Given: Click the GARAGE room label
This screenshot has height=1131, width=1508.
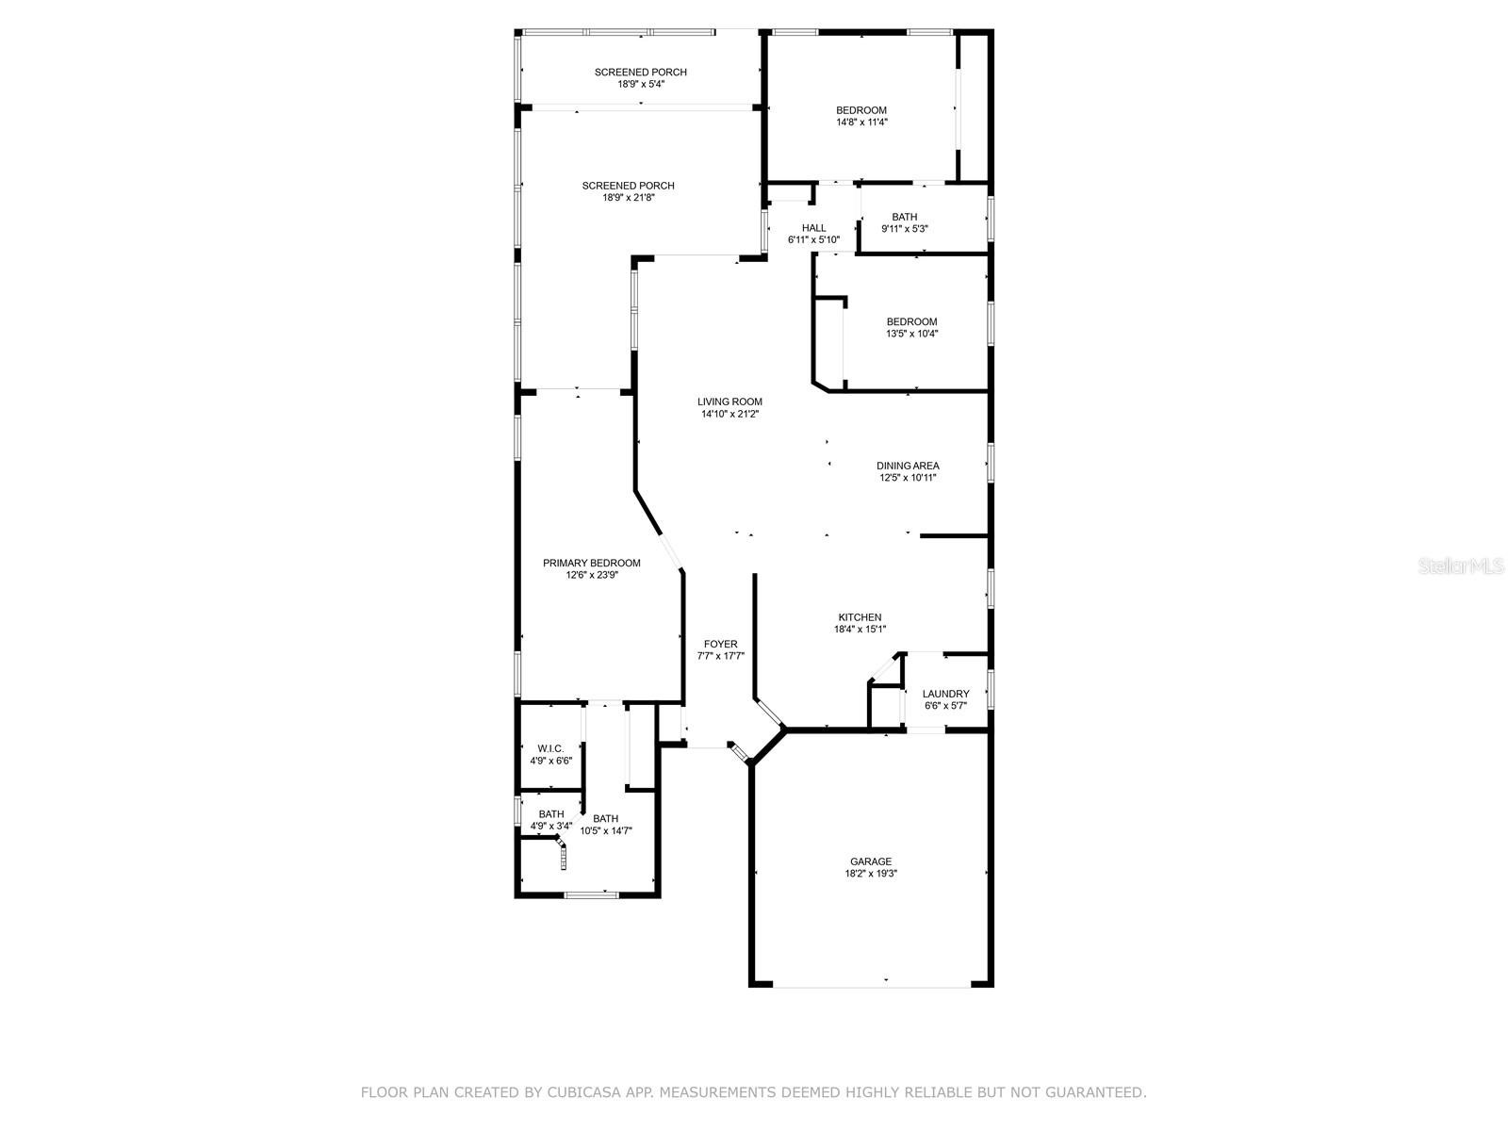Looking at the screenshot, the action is tap(871, 861).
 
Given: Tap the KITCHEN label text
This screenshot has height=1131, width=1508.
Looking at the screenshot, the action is tap(860, 616).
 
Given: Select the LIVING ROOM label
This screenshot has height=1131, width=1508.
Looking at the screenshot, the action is tap(729, 402).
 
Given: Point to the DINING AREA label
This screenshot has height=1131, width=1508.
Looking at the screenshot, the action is tap(908, 466).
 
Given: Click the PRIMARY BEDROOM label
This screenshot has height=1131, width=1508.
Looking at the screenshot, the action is tap(592, 563).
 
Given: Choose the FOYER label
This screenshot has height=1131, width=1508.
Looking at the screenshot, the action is tap(721, 644).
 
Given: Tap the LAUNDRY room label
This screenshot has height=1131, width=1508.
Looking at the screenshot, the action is tap(946, 694).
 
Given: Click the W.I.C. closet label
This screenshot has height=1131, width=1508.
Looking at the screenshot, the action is tap(551, 748).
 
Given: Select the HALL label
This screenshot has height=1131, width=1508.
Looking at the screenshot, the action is tap(814, 228).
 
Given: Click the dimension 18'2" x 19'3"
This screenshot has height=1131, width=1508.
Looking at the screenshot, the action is tap(871, 874).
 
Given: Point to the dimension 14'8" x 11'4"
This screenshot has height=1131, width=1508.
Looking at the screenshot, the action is tap(861, 123).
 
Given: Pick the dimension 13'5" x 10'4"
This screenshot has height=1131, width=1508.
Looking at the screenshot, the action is tap(911, 334).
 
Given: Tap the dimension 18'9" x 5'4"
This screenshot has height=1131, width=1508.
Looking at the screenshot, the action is tap(641, 85).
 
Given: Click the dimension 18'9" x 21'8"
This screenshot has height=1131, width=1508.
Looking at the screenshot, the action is tap(629, 198).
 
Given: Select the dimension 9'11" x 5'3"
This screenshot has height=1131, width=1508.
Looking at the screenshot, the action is tap(905, 229).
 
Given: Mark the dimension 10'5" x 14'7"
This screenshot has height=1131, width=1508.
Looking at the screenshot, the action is tap(606, 831).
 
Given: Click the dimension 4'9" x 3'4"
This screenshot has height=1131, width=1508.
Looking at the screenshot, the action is tap(551, 827).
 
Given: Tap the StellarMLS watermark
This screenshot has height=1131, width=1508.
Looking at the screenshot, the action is tap(1461, 566).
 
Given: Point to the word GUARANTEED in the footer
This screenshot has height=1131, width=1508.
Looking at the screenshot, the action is tap(1101, 1091).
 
